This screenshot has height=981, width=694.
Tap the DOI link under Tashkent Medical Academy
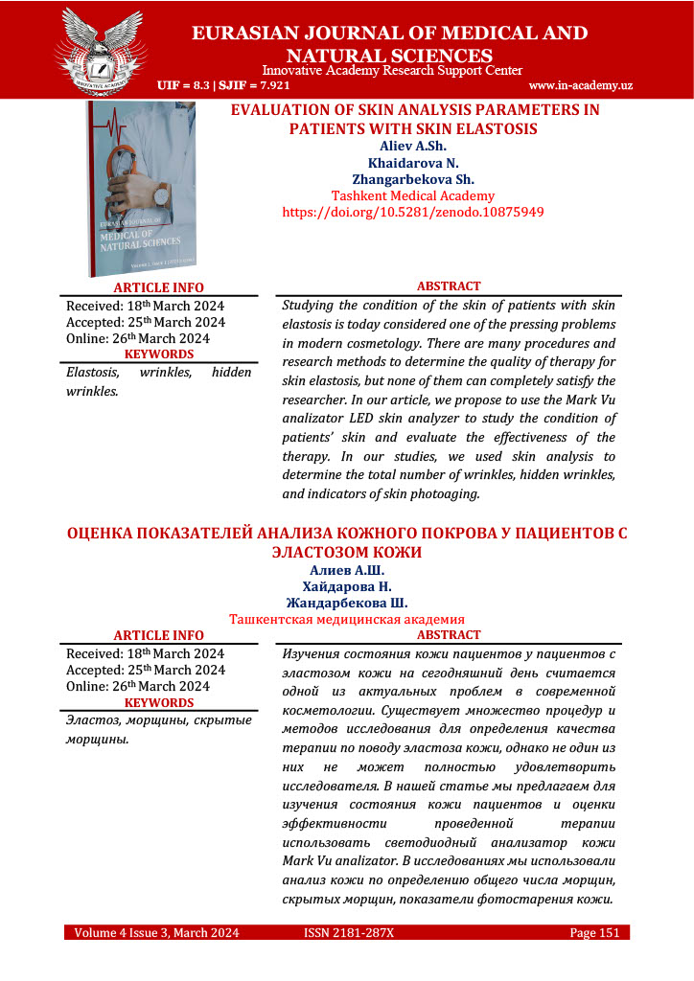pyautogui.click(x=413, y=212)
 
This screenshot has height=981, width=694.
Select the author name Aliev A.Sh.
pyautogui.click(x=413, y=147)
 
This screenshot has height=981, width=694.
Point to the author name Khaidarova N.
pyautogui.click(x=413, y=163)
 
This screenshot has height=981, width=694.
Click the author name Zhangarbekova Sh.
pyautogui.click(x=413, y=179)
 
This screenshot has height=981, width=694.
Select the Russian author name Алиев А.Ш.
pyautogui.click(x=346, y=571)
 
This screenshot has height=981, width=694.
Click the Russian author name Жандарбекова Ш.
pyautogui.click(x=346, y=603)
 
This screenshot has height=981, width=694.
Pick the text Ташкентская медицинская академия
pyautogui.click(x=346, y=620)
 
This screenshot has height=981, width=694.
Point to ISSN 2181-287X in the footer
pyautogui.click(x=349, y=932)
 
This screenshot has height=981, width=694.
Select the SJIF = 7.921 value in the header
pyautogui.click(x=248, y=85)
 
